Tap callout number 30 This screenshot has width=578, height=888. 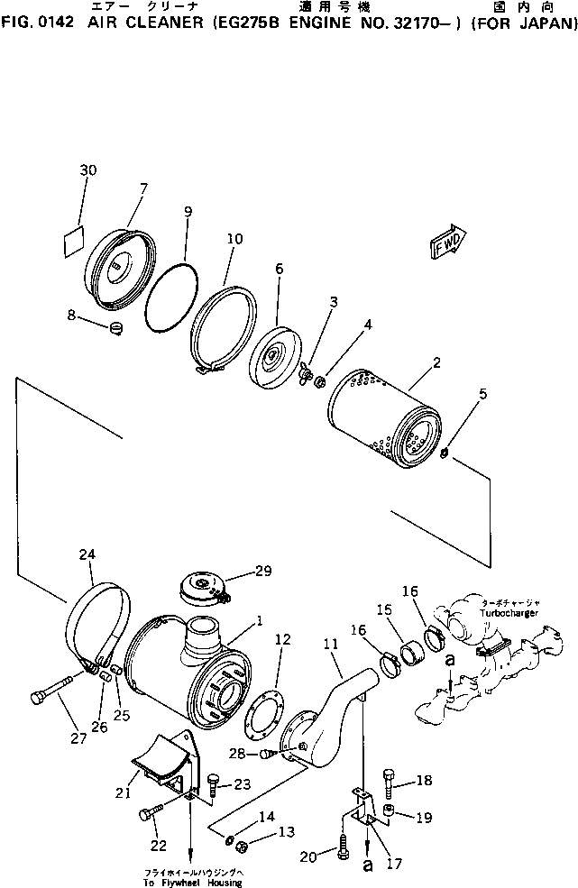click(87, 170)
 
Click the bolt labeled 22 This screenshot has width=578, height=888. click(151, 817)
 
